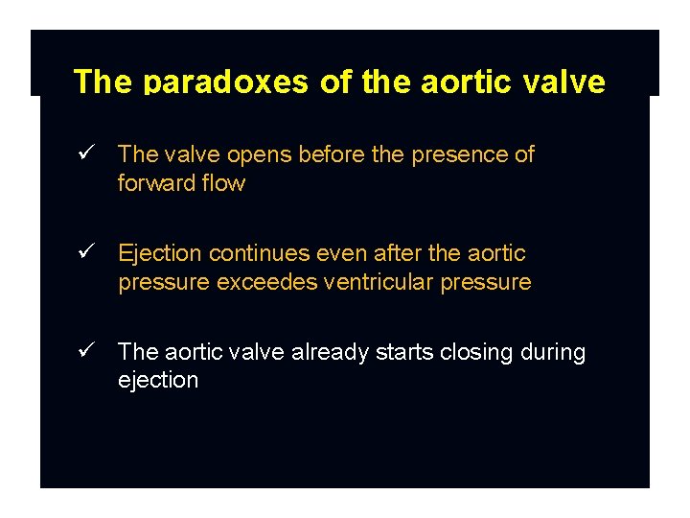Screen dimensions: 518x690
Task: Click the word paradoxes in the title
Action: pos(227,82)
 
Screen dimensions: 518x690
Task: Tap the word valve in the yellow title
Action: pos(569,82)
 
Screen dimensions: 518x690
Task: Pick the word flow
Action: pos(224,183)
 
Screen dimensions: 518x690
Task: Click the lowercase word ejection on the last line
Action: pos(158,380)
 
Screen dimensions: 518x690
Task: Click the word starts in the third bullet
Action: pos(405,352)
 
